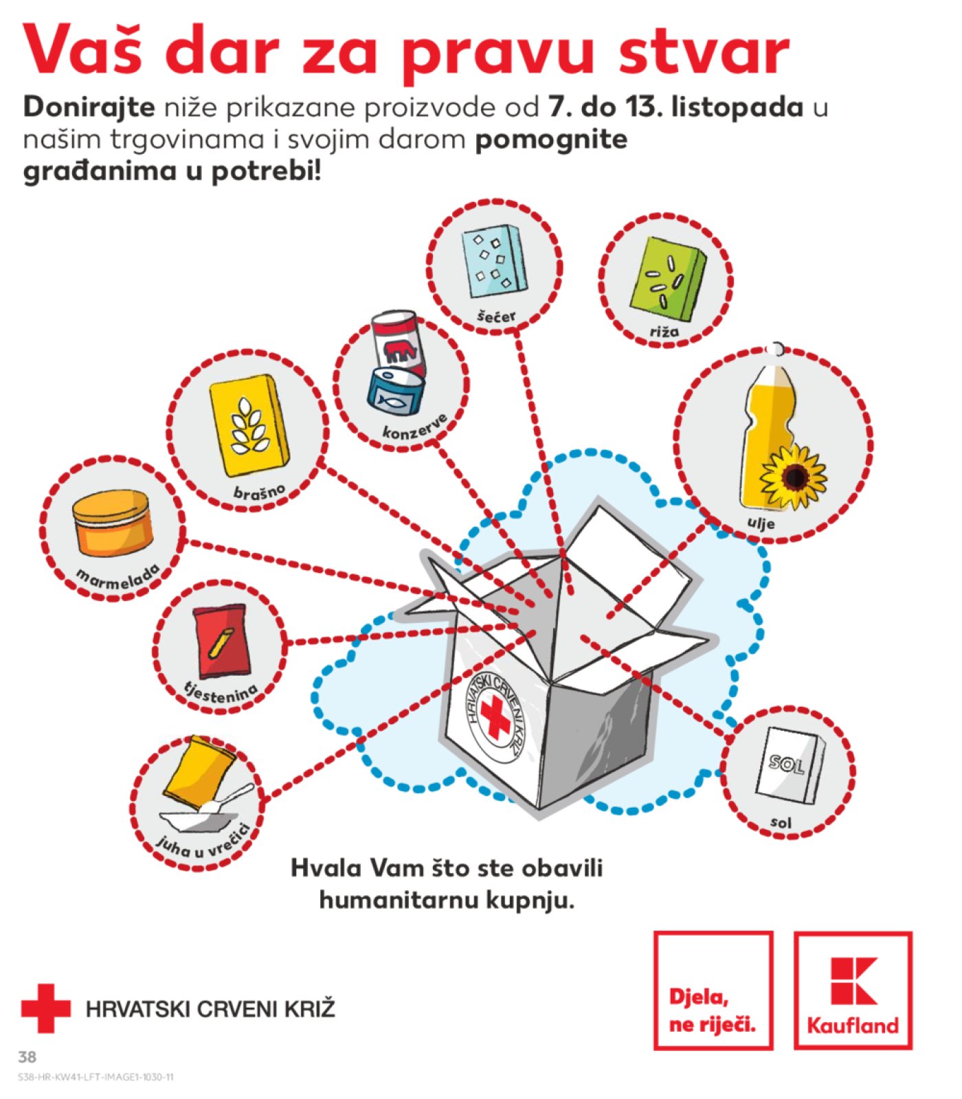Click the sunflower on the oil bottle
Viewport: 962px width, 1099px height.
[793, 476]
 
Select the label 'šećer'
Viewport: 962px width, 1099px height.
[496, 315]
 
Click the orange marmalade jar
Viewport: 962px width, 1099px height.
[113, 523]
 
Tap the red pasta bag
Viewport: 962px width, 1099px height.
[222, 641]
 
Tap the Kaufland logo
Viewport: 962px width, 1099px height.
[853, 990]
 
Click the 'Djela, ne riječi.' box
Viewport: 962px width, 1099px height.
[713, 990]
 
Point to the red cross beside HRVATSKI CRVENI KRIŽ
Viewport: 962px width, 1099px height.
[45, 1008]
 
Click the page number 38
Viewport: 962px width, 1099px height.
[27, 1056]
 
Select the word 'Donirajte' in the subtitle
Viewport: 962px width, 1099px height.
[89, 107]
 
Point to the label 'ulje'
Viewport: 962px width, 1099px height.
[761, 523]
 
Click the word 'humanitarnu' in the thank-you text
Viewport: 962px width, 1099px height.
[399, 899]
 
